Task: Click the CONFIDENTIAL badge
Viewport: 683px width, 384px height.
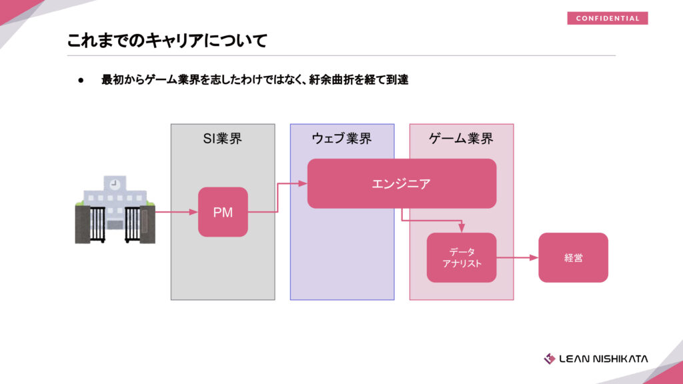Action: (x=607, y=18)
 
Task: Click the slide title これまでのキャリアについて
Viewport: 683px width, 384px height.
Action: (x=167, y=41)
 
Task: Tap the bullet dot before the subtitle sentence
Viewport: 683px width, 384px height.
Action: (x=81, y=80)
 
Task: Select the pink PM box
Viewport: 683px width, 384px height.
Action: (x=223, y=212)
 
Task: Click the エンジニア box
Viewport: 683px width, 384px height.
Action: (x=402, y=183)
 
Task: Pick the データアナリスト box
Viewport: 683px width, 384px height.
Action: (x=462, y=257)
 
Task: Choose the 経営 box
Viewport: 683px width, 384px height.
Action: (x=573, y=257)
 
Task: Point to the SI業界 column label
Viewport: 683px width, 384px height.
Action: (x=223, y=139)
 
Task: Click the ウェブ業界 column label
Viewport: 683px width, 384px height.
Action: (x=341, y=139)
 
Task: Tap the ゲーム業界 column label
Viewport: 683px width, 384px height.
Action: (x=462, y=139)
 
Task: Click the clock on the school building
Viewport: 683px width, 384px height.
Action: (x=115, y=183)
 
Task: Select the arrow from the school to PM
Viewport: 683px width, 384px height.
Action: (x=176, y=213)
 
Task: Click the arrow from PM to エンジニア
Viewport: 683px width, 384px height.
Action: (x=277, y=197)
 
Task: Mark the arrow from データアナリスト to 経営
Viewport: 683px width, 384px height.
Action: (x=518, y=257)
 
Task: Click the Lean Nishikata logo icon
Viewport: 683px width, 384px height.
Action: (x=550, y=359)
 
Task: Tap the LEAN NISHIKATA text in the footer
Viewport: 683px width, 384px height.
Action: (x=604, y=359)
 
